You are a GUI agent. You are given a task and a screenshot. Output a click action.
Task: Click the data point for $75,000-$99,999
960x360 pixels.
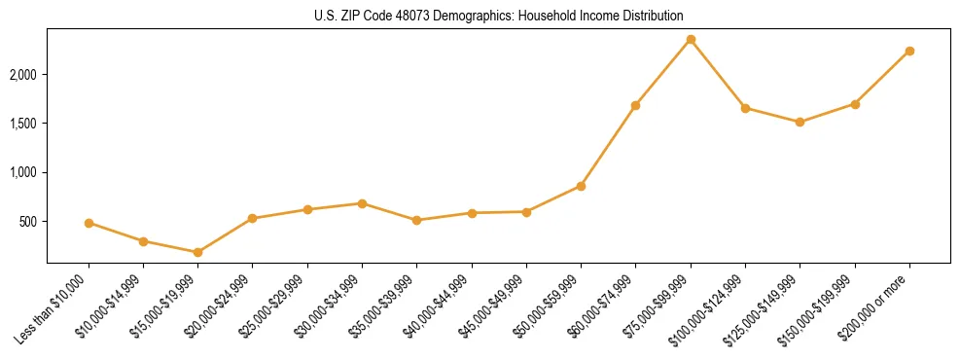click(691, 39)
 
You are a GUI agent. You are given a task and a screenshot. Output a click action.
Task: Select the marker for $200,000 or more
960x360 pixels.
click(909, 51)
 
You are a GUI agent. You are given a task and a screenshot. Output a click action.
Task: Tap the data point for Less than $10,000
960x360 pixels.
click(89, 223)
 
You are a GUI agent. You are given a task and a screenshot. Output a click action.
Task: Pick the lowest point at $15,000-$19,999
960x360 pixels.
click(197, 252)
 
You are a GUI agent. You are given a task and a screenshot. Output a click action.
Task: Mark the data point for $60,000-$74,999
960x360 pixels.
click(635, 105)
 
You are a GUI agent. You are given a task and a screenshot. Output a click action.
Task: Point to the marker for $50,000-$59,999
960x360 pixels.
click(581, 186)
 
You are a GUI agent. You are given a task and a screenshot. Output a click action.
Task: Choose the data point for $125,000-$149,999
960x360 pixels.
click(800, 122)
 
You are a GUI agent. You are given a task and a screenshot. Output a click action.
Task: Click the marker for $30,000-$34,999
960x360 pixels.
click(362, 203)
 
